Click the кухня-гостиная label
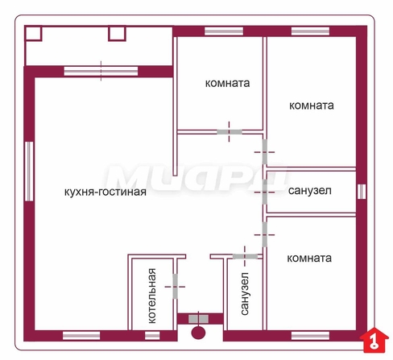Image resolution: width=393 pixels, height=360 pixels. click(x=105, y=192)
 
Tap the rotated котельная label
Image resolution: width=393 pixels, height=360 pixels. click(x=152, y=296)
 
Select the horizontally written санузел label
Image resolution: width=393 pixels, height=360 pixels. click(x=310, y=191)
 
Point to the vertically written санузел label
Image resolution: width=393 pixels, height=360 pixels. click(x=245, y=293)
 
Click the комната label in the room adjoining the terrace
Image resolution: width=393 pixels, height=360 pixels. click(x=228, y=83)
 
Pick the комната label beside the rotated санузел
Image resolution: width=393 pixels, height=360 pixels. click(x=309, y=259)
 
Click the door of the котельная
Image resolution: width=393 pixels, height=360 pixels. click(x=175, y=286)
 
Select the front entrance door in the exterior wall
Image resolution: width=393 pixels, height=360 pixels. click(x=198, y=319)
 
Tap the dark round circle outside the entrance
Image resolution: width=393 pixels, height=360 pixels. click(x=198, y=333)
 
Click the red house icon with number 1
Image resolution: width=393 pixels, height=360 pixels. click(x=374, y=341)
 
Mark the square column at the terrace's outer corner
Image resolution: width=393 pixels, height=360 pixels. click(x=33, y=33)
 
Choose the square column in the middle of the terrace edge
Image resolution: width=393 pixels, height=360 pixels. click(x=117, y=33)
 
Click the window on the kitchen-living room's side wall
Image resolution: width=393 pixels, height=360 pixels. click(x=29, y=172)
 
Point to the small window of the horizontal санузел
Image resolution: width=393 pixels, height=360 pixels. click(x=362, y=192)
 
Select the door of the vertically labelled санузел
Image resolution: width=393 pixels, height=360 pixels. click(x=245, y=257)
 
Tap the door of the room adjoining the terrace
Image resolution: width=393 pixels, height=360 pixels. click(x=230, y=132)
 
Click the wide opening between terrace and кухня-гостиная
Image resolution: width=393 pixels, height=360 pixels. click(x=101, y=71)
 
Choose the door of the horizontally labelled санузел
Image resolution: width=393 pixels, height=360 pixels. click(x=265, y=192)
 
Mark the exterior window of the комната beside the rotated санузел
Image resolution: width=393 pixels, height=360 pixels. click(x=310, y=336)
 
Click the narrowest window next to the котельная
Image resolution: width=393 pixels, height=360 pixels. click(x=152, y=336)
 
